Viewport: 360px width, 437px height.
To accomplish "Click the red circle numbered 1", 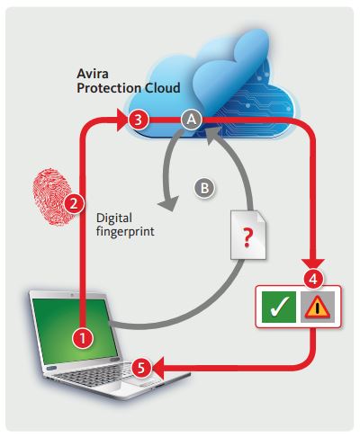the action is coord(83,338).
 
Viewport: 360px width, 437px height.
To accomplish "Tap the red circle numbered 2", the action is coord(74,204).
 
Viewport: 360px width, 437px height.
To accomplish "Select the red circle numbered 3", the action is coord(139,120).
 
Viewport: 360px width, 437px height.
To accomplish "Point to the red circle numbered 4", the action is coord(313,280).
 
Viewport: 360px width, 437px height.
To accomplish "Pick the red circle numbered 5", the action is coord(141,368).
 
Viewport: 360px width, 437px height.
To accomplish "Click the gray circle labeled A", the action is coord(192,120).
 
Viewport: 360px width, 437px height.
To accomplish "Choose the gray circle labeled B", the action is coord(204,188).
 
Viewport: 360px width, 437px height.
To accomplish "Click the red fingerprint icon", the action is coord(50,196).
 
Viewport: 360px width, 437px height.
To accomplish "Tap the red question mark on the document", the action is coord(247,237).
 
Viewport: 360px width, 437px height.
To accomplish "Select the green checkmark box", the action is coord(279,307).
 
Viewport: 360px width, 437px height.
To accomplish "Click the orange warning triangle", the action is coord(318,308).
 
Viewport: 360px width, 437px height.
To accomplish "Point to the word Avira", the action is coord(93,74).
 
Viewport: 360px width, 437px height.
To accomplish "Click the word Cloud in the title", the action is coord(163,88).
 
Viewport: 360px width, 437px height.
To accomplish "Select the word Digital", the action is coord(114,218).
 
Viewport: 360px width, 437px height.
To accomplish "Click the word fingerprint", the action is coord(125,231).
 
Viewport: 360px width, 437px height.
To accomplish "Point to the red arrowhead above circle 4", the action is coord(313,262).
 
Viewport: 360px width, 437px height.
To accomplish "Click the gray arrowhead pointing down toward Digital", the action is coord(169,204).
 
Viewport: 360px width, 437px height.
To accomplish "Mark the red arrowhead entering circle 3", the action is coord(123,120).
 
